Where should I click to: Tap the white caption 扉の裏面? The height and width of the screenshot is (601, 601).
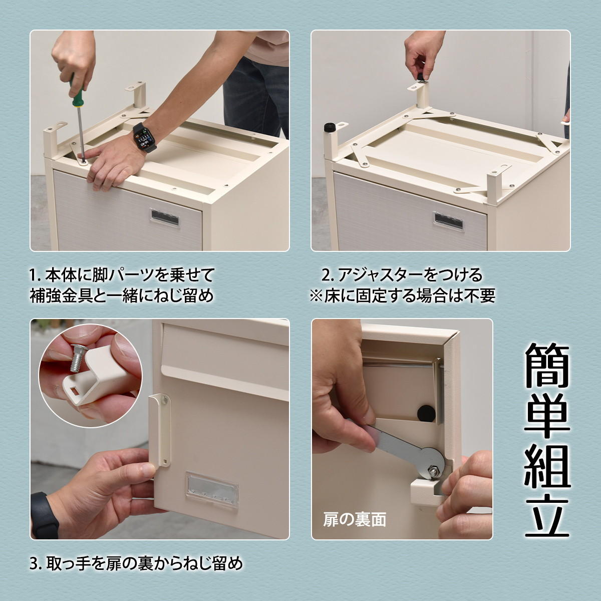coord(355,519)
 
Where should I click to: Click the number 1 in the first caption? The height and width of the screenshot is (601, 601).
coord(33,275)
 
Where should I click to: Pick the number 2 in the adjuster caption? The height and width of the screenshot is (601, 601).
coord(326,275)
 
